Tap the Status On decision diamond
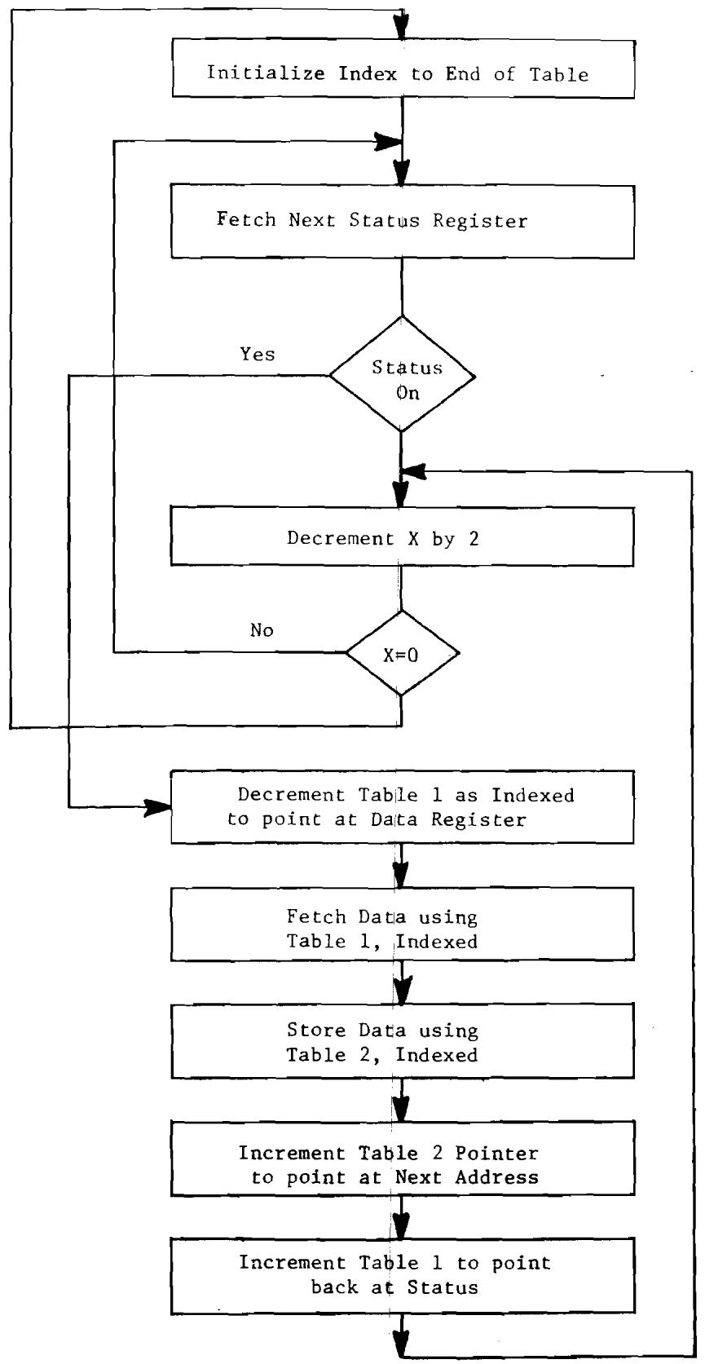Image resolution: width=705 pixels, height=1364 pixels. (x=402, y=375)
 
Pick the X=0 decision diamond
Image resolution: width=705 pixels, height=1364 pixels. (x=402, y=652)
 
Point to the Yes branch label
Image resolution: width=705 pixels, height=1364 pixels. (x=258, y=354)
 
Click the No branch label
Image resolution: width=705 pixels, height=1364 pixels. (x=262, y=630)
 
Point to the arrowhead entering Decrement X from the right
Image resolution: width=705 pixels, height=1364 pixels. (x=416, y=471)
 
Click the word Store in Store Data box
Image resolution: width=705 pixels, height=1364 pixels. (x=311, y=1030)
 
